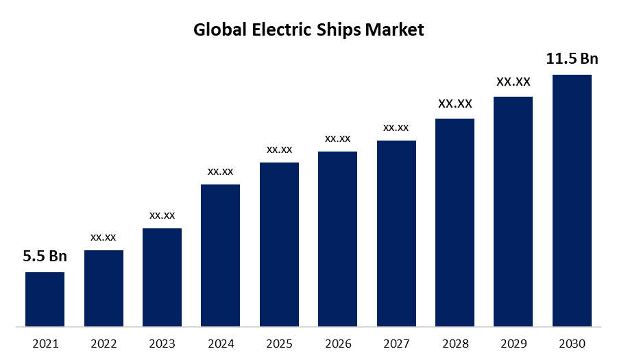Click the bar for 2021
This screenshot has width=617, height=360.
pyautogui.click(x=45, y=299)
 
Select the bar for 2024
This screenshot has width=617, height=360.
pyautogui.click(x=220, y=255)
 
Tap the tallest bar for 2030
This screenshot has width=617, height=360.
pyautogui.click(x=572, y=200)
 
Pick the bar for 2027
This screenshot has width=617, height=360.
pyautogui.click(x=396, y=233)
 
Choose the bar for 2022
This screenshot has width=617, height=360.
pyautogui.click(x=104, y=288)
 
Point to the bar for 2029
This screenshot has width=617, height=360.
pyautogui.click(x=513, y=211)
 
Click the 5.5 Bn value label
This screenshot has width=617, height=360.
pyautogui.click(x=45, y=257)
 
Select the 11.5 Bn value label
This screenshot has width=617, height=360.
pyautogui.click(x=572, y=59)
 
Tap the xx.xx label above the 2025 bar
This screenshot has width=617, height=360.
pyautogui.click(x=279, y=149)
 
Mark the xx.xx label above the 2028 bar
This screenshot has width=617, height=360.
pyautogui.click(x=455, y=104)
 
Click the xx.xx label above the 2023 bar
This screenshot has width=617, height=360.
pyautogui.click(x=162, y=215)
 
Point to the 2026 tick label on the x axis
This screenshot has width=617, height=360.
pyautogui.click(x=337, y=344)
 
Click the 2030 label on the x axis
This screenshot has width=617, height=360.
pyautogui.click(x=572, y=344)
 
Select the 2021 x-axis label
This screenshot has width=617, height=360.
pyautogui.click(x=45, y=344)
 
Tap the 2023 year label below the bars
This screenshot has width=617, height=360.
pyautogui.click(x=162, y=344)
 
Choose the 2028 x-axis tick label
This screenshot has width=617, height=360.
pyautogui.click(x=455, y=344)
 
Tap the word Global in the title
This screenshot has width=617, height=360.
pyautogui.click(x=217, y=30)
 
